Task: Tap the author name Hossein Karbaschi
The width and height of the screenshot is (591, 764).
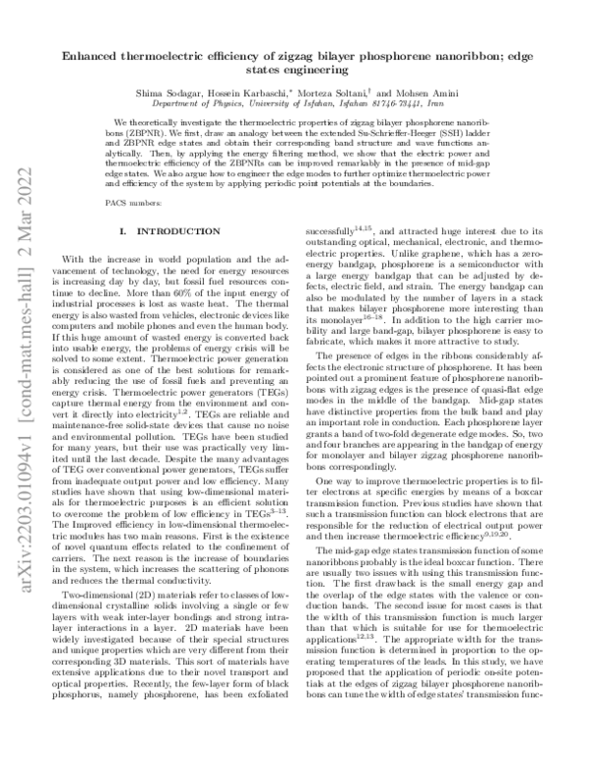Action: pos(274,91)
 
